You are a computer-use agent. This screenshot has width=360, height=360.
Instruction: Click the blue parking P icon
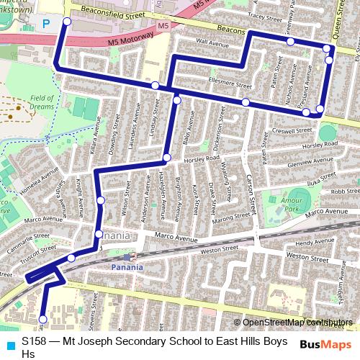click(x=47, y=24)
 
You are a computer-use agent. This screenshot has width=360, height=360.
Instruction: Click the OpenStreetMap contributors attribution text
click(x=297, y=322)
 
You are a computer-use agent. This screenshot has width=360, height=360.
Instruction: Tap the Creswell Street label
click(x=292, y=132)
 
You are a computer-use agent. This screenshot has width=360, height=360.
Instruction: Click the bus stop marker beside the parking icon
click(x=67, y=22)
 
